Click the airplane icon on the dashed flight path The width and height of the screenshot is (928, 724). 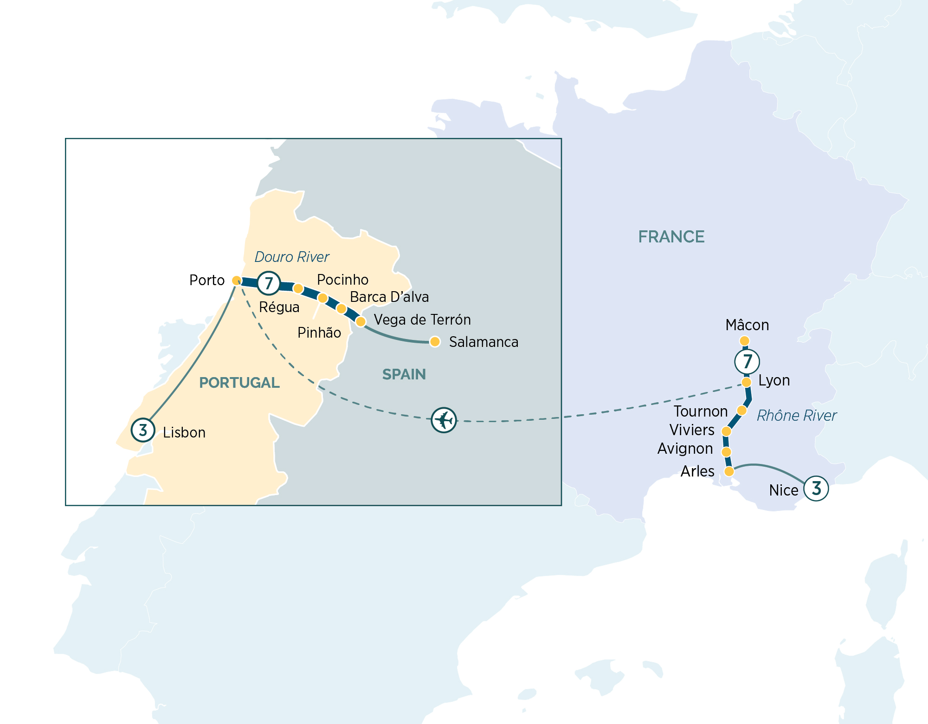click(x=444, y=420)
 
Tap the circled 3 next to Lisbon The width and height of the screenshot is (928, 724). click(x=143, y=430)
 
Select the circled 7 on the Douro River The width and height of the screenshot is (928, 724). click(x=269, y=283)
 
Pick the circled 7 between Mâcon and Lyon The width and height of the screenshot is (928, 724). click(x=747, y=361)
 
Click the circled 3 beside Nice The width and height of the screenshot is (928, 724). click(x=816, y=488)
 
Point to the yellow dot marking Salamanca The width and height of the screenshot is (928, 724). click(x=435, y=342)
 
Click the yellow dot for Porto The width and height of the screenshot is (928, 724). click(x=237, y=280)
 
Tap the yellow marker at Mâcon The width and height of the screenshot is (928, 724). click(x=745, y=341)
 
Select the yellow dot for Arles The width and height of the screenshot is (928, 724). click(x=729, y=471)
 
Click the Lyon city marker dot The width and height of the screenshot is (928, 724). click(x=746, y=382)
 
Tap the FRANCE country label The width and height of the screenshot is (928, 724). click(x=671, y=237)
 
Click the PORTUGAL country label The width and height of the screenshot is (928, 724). click(x=239, y=383)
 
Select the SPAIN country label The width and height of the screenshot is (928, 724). click(x=404, y=374)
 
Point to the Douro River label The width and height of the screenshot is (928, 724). click(x=292, y=257)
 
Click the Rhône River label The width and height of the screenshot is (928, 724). click(x=797, y=415)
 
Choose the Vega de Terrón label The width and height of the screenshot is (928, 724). click(x=422, y=320)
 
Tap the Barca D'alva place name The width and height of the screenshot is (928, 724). click(x=389, y=297)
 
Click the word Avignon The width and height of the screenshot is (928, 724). click(x=685, y=449)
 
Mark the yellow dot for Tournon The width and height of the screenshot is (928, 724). click(x=741, y=411)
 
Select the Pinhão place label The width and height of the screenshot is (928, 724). click(x=319, y=333)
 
